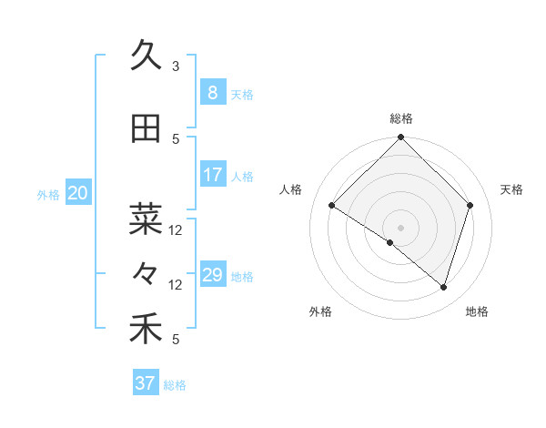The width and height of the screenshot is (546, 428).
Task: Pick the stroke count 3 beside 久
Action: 176,66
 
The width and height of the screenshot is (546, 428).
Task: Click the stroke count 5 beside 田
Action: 176,139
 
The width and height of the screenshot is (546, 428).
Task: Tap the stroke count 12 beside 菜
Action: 176,229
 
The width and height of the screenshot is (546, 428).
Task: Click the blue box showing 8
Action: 212,92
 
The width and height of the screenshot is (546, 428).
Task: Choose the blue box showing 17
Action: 212,175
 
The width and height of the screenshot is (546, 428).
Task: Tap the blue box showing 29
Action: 212,275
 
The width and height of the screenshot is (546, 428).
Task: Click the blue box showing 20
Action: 78,192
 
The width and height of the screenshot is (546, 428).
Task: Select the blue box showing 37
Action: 145,383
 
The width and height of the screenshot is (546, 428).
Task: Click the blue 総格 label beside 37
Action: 175,385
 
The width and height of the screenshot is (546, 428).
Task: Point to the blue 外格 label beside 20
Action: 48,194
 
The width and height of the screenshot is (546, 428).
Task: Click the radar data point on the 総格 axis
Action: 400,138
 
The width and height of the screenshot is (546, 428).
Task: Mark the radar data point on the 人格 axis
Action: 332,206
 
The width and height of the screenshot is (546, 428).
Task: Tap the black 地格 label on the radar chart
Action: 477,312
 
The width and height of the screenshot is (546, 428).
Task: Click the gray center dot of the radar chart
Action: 400,227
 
